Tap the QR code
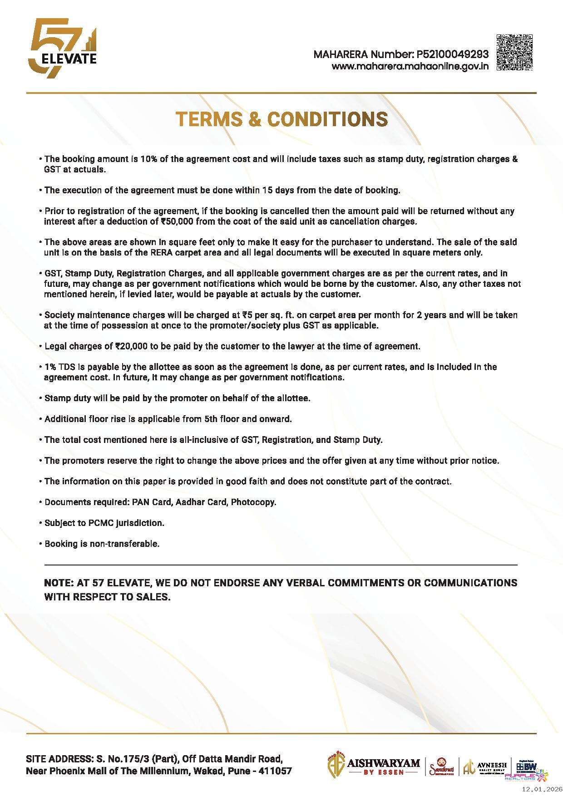(514, 52)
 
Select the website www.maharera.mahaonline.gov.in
(410, 66)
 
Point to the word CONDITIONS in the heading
(327, 119)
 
